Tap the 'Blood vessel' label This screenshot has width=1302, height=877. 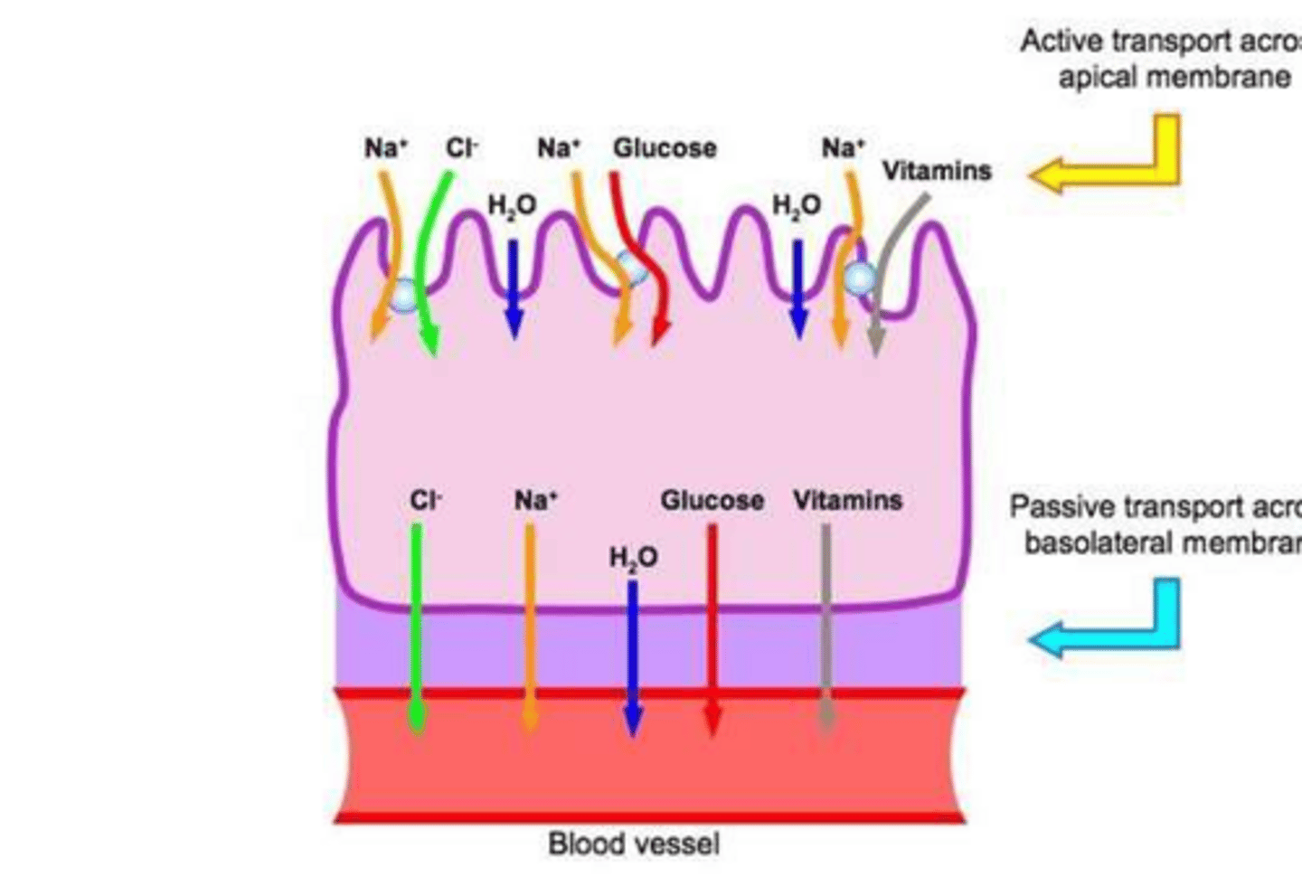[x=634, y=844]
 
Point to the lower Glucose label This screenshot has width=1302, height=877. [x=712, y=500]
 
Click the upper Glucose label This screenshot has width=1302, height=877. [x=665, y=147]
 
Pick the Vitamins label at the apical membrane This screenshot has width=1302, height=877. [x=936, y=170]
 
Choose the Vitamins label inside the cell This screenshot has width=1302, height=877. [x=847, y=500]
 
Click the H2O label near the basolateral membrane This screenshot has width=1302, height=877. [x=633, y=558]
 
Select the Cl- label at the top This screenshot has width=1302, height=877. [x=461, y=147]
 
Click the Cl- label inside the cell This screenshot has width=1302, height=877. [x=425, y=500]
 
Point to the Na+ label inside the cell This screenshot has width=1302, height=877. [x=535, y=500]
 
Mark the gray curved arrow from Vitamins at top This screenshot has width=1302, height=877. [x=891, y=262]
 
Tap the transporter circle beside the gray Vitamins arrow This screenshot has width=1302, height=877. [x=858, y=278]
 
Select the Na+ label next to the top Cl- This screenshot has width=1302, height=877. [x=386, y=147]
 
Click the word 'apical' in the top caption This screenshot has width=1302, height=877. [x=1092, y=78]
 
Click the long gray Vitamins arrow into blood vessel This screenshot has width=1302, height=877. [x=826, y=624]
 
